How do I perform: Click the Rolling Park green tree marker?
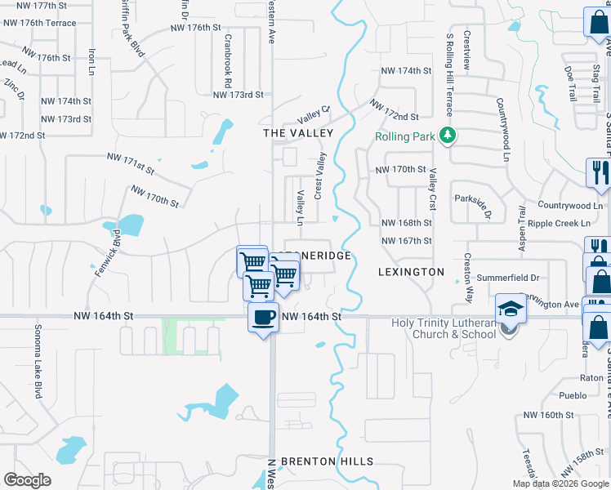click(446, 135)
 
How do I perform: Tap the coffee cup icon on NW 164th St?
click(263, 317)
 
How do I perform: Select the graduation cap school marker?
click(510, 309)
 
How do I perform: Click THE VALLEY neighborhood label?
click(298, 132)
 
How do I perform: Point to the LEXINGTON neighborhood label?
click(412, 271)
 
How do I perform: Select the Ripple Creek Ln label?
click(559, 223)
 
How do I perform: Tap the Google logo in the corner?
click(28, 480)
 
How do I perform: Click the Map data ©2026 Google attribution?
click(560, 483)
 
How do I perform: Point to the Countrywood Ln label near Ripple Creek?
click(570, 206)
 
